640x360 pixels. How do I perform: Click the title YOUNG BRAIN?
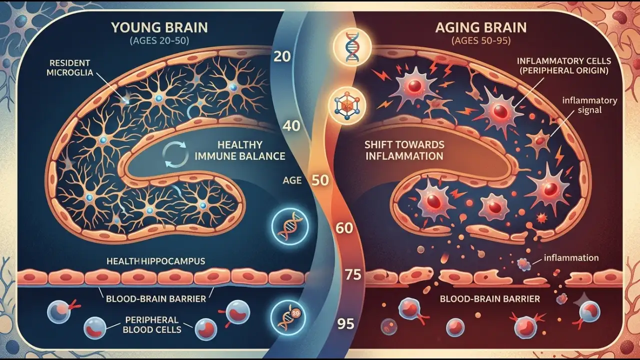[x=159, y=27]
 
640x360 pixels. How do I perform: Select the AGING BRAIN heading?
[x=481, y=27]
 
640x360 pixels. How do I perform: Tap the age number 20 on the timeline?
[x=282, y=56]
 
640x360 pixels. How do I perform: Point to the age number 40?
[x=291, y=126]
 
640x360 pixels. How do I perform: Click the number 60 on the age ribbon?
[x=344, y=228]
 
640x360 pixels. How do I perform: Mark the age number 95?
[x=345, y=324]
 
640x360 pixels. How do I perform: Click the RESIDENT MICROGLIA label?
[x=69, y=67]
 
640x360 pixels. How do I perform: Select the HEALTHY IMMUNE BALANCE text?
[x=239, y=150]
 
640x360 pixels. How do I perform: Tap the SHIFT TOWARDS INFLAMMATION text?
[x=404, y=150]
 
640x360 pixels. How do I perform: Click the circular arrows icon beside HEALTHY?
[x=175, y=154]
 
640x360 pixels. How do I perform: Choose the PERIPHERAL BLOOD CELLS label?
[x=152, y=324]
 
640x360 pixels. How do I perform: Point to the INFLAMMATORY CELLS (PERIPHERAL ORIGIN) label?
[x=564, y=65]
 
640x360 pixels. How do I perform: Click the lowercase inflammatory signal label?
[x=589, y=105]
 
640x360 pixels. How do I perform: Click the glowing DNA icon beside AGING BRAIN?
[x=352, y=47]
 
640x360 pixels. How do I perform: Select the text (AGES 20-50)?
[x=159, y=41]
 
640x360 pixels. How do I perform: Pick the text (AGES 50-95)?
[x=481, y=41]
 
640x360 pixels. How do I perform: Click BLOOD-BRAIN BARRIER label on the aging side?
[x=489, y=299]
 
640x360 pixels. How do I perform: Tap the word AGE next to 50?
[x=292, y=180]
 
